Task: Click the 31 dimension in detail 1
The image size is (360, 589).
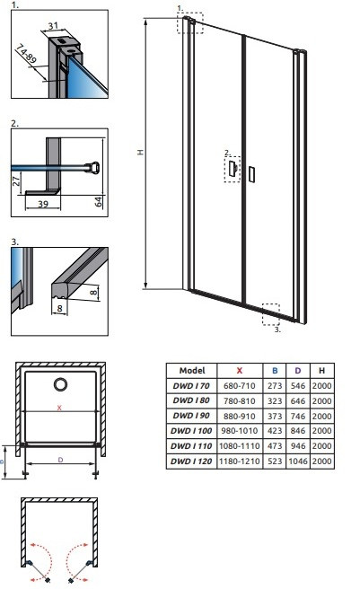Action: coord(53,25)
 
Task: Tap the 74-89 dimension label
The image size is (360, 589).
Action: coord(26,54)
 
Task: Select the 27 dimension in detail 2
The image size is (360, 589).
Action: coord(16,180)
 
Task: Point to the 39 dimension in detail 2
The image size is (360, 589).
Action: coord(43,204)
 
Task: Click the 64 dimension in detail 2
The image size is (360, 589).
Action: coord(98,201)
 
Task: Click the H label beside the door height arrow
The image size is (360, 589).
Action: coord(140,152)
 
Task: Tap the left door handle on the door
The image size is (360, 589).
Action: coord(233,168)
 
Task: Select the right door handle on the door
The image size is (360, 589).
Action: coord(251,174)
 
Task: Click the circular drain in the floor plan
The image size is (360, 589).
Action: coord(60,384)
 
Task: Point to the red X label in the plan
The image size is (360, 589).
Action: coord(59,408)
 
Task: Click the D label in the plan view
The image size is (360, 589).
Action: coord(60,460)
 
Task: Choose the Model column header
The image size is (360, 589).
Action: coord(192,371)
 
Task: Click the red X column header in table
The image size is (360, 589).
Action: coord(240,371)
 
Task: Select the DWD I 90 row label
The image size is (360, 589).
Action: coord(191,416)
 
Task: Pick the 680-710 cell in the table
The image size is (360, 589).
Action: coord(240,385)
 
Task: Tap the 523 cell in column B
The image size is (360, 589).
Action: coord(275,461)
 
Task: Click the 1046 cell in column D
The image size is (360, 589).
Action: coord(298,461)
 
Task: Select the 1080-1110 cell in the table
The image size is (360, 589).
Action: coord(240,446)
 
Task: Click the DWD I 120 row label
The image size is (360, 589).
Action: coord(191,461)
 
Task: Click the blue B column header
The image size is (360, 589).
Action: coord(275,371)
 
